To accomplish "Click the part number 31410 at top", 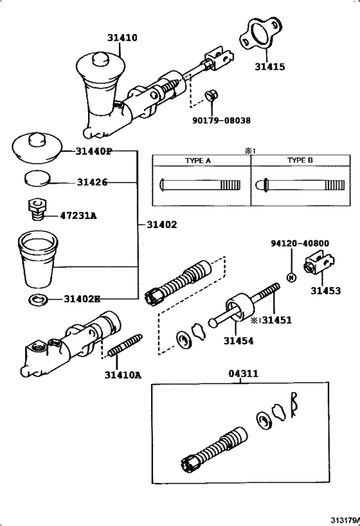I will (122, 38).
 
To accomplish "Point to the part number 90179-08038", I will (221, 119).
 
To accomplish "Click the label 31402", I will (161, 225).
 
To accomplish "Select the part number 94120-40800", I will (300, 244).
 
